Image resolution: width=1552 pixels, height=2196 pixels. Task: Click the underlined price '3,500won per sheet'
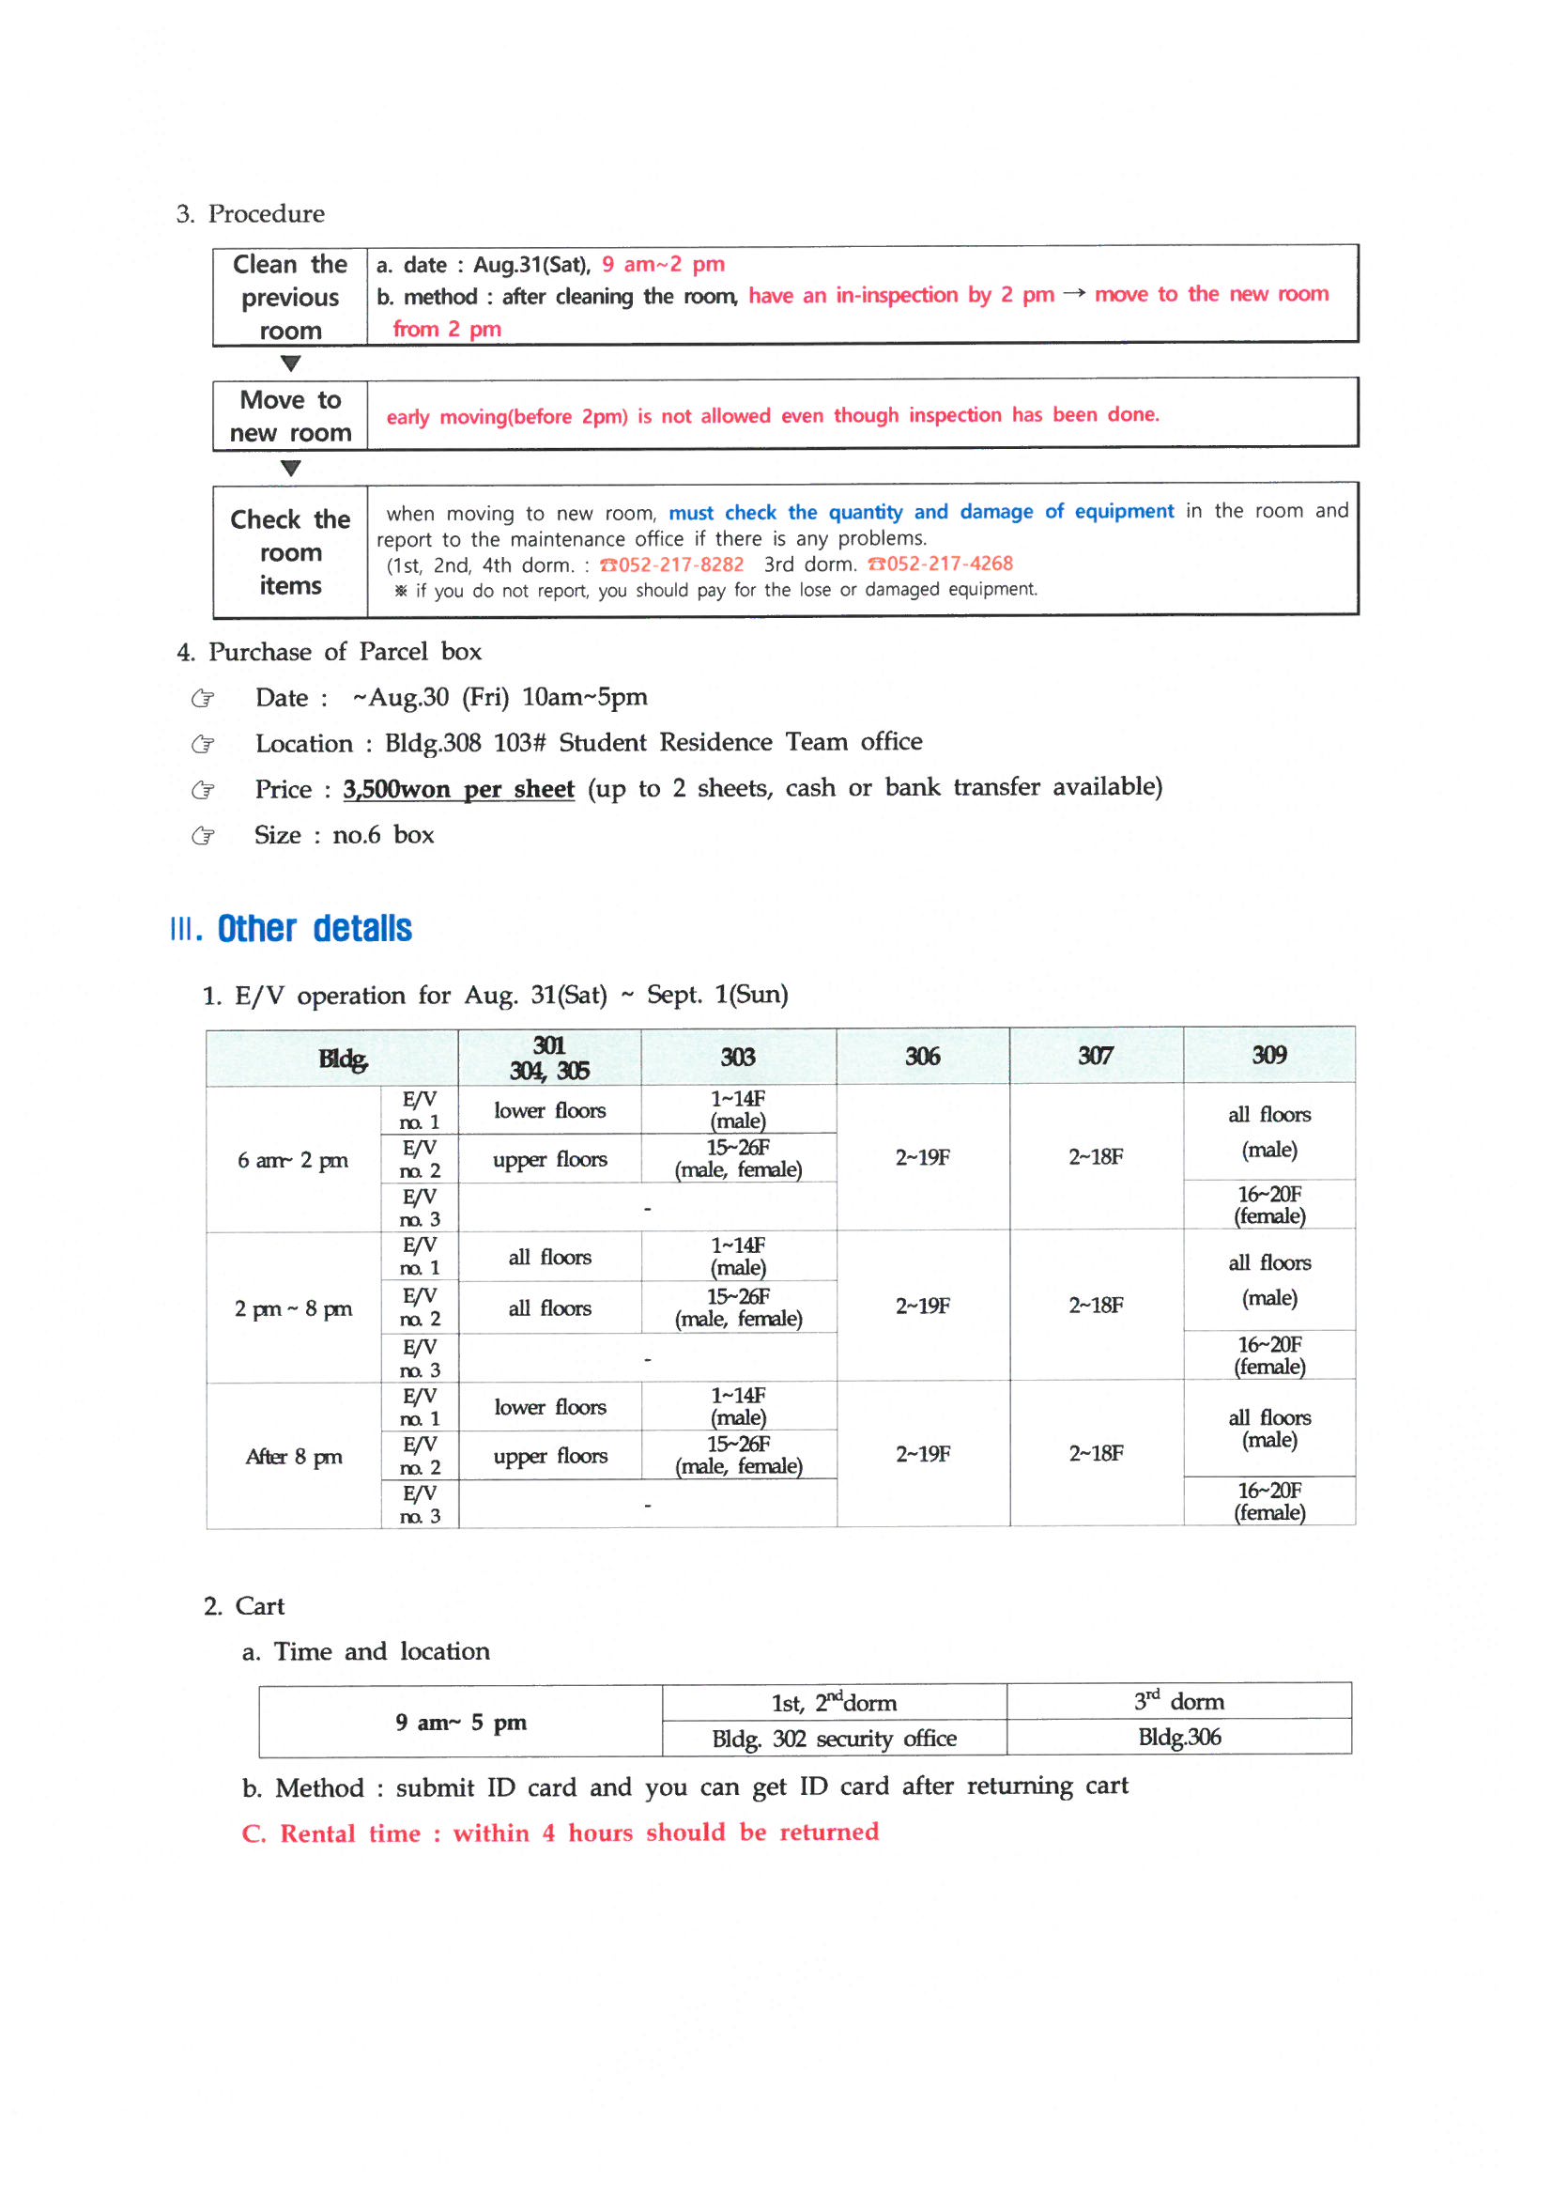click(x=458, y=789)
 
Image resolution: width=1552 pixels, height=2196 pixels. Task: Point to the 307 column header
click(x=1095, y=1056)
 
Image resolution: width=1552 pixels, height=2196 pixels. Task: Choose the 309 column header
click(x=1269, y=1055)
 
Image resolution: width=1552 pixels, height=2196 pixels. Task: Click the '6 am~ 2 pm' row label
click(x=293, y=1160)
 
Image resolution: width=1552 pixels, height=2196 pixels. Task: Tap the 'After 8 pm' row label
click(x=293, y=1457)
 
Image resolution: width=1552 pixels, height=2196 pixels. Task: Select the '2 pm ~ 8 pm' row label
click(x=293, y=1308)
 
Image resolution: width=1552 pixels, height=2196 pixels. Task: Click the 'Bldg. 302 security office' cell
click(x=834, y=1739)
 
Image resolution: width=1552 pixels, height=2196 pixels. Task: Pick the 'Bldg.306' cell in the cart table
click(x=1179, y=1737)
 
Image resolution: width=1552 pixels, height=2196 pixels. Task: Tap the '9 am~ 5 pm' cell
click(x=461, y=1723)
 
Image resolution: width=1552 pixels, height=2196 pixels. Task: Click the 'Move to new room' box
click(x=290, y=416)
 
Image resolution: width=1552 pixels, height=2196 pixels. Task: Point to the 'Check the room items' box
click(x=290, y=552)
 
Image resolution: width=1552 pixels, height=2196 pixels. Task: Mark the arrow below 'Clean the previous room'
click(x=291, y=363)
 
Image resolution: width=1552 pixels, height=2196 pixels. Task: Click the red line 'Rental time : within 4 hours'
click(x=561, y=1833)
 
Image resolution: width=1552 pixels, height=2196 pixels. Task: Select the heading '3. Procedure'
click(x=251, y=213)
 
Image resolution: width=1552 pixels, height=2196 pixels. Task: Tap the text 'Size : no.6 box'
click(x=345, y=835)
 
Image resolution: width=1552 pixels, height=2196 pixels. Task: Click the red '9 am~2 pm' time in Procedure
click(x=663, y=264)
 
